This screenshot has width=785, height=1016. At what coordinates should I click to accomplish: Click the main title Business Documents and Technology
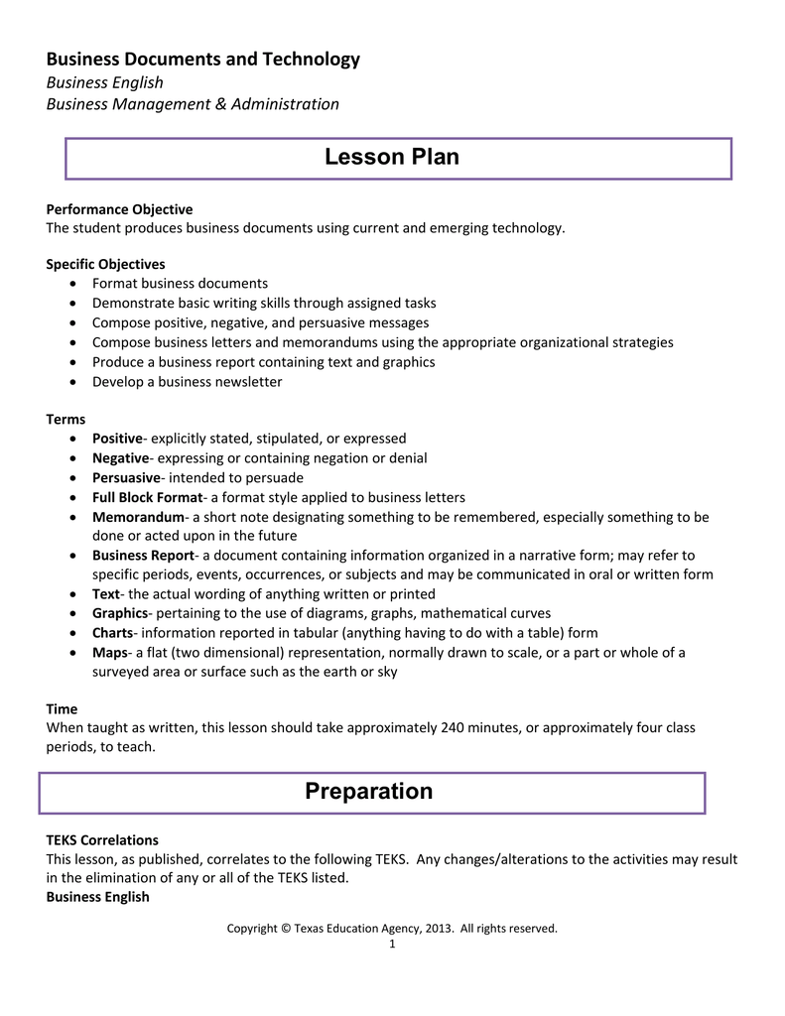click(x=203, y=60)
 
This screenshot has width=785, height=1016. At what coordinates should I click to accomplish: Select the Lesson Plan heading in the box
click(x=392, y=157)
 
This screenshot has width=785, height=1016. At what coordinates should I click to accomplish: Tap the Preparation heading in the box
click(x=368, y=791)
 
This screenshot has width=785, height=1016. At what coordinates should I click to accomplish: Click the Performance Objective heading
click(x=119, y=209)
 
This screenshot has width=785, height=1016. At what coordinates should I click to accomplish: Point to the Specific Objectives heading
click(x=105, y=264)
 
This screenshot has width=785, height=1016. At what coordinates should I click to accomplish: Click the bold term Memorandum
click(x=138, y=517)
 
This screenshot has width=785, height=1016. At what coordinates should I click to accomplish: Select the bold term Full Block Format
click(x=147, y=497)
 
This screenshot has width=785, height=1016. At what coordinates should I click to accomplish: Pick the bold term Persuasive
click(x=126, y=477)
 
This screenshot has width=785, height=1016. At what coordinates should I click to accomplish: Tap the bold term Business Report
click(x=143, y=555)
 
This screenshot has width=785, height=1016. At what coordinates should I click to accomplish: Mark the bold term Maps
click(x=108, y=652)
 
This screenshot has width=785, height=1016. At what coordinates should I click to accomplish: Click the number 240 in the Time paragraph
click(x=451, y=727)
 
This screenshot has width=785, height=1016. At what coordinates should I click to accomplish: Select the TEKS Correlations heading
click(x=102, y=839)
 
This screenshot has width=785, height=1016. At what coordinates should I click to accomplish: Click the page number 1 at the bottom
click(x=392, y=944)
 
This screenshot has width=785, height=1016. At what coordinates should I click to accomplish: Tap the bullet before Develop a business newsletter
click(x=77, y=382)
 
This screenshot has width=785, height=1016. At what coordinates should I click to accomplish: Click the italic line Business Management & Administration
click(x=193, y=104)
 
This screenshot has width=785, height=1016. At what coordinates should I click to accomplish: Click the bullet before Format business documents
click(x=77, y=284)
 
